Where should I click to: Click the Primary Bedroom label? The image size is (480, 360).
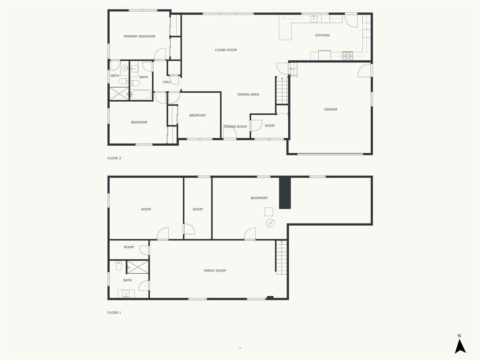click(x=139, y=37)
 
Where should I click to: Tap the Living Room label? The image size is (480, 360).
click(x=225, y=50)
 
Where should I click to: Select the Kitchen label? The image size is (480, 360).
click(x=322, y=36)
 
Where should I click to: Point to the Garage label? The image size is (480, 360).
click(x=330, y=109)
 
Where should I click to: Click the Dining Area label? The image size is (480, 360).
click(x=248, y=95)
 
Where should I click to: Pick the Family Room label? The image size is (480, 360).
click(x=215, y=270)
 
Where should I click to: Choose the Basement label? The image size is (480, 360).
click(x=259, y=198)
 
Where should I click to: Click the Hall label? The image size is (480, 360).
click(x=167, y=82)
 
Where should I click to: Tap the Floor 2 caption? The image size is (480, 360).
click(x=114, y=158)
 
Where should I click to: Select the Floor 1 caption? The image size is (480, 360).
click(x=114, y=313)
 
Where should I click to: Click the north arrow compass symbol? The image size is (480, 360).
click(x=460, y=345)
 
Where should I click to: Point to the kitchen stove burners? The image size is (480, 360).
click(x=347, y=55)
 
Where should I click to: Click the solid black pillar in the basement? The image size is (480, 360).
click(x=285, y=193)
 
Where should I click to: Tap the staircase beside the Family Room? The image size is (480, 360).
click(x=281, y=257)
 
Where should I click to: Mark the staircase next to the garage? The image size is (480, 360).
click(x=281, y=91)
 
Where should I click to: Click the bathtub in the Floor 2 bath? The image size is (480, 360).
click(x=141, y=95)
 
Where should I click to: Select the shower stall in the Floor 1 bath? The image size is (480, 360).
click(x=137, y=267)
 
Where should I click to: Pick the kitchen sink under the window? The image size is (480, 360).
click(x=315, y=19)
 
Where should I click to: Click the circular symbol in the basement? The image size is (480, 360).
click(x=270, y=223)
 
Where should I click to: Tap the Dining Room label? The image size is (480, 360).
click(x=235, y=127)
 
